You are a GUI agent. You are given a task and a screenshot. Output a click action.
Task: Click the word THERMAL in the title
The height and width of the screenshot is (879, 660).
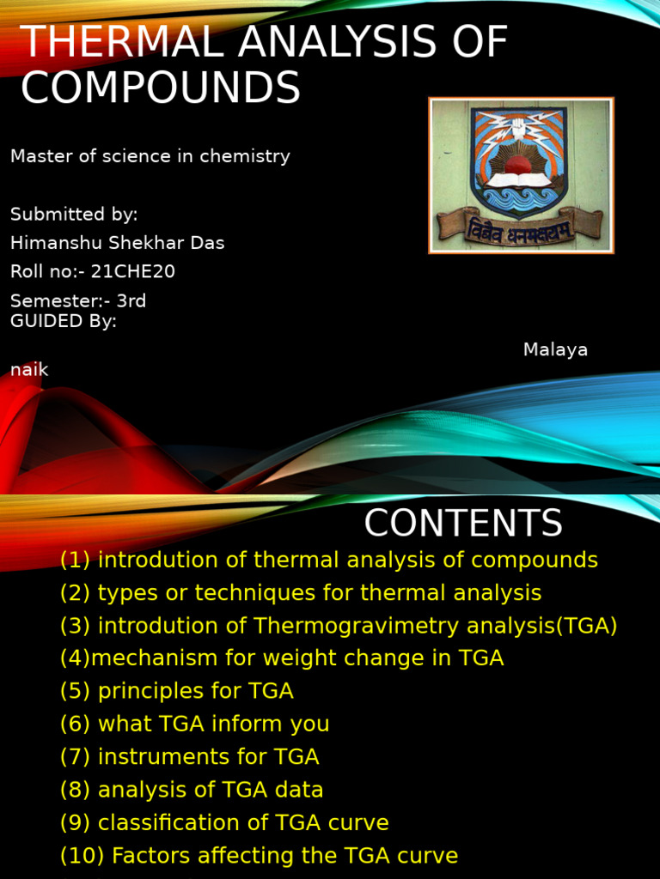[x=117, y=43]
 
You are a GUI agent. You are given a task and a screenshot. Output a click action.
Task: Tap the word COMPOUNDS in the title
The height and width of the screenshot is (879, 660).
[x=160, y=88]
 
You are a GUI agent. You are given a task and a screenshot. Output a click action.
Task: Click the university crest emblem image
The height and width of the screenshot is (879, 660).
[x=521, y=175]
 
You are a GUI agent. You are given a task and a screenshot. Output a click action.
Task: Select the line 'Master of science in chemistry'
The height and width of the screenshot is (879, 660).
[x=150, y=156]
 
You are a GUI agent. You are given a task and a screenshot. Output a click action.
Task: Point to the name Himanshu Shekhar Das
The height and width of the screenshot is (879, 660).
[x=117, y=243]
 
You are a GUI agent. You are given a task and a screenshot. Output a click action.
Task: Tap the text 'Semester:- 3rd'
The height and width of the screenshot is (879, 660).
[x=78, y=301]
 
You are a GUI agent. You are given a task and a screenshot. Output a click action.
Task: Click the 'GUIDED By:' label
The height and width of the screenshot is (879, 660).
[x=64, y=322]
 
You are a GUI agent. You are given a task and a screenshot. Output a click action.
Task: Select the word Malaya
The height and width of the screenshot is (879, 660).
[x=555, y=350]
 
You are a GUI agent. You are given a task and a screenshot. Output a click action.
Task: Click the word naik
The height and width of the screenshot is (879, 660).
[x=29, y=370]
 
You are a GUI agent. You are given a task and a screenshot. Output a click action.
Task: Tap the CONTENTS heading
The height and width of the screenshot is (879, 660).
[x=463, y=524]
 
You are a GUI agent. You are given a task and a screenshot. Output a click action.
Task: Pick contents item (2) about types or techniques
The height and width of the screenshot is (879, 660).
[x=301, y=593]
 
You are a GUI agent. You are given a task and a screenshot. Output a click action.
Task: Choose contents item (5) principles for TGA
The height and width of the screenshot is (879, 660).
[x=177, y=691]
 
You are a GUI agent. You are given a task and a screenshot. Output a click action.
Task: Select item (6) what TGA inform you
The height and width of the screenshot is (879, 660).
[x=195, y=724]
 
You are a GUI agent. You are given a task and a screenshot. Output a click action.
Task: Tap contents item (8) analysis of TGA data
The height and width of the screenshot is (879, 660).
[x=192, y=790]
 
